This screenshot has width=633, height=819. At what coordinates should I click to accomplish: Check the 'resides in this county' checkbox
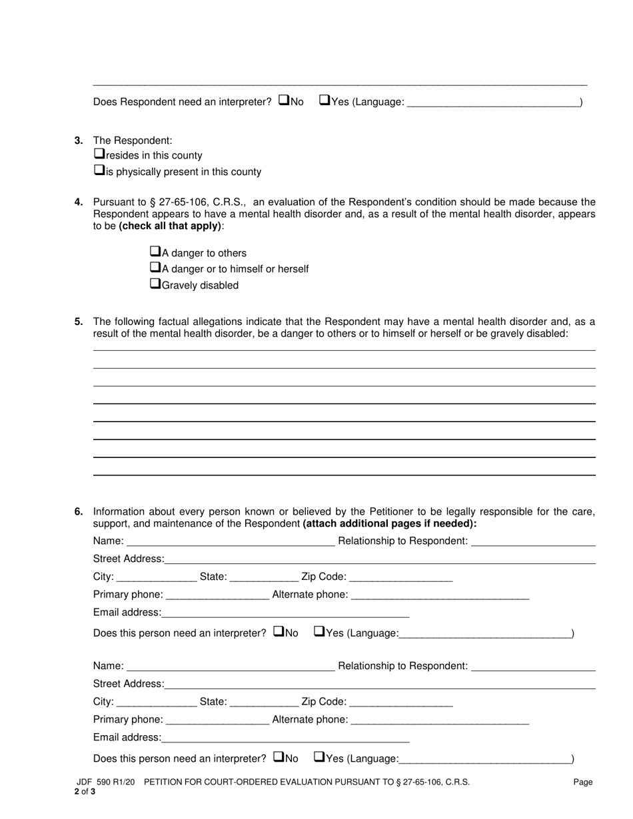click(x=99, y=154)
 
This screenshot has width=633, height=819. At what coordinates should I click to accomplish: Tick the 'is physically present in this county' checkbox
click(x=99, y=170)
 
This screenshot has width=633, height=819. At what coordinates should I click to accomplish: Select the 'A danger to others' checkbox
click(x=155, y=252)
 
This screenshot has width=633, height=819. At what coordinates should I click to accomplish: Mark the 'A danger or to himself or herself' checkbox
click(x=155, y=268)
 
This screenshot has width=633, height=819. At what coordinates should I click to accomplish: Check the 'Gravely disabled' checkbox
click(x=155, y=284)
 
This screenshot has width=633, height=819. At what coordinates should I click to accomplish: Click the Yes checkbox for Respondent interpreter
click(x=324, y=101)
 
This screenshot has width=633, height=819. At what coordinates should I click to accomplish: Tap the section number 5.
click(x=79, y=322)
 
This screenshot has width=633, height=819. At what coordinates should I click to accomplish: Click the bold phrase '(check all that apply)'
click(x=171, y=226)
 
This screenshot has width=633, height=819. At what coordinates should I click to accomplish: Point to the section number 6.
click(x=79, y=511)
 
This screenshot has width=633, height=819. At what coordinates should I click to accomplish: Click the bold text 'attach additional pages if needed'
click(x=389, y=523)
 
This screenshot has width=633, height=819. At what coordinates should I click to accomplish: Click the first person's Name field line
click(x=230, y=541)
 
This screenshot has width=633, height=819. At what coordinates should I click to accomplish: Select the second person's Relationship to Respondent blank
click(x=533, y=666)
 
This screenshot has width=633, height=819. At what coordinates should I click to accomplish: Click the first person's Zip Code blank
click(x=400, y=577)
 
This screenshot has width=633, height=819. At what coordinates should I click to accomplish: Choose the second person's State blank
click(x=263, y=702)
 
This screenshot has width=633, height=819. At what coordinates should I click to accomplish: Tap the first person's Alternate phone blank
click(x=440, y=595)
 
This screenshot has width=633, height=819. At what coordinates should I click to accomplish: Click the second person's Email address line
click(x=285, y=737)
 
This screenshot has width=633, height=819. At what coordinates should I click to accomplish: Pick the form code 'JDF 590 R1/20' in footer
click(x=106, y=782)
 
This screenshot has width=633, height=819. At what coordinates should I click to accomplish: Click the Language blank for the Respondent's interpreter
click(x=493, y=102)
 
